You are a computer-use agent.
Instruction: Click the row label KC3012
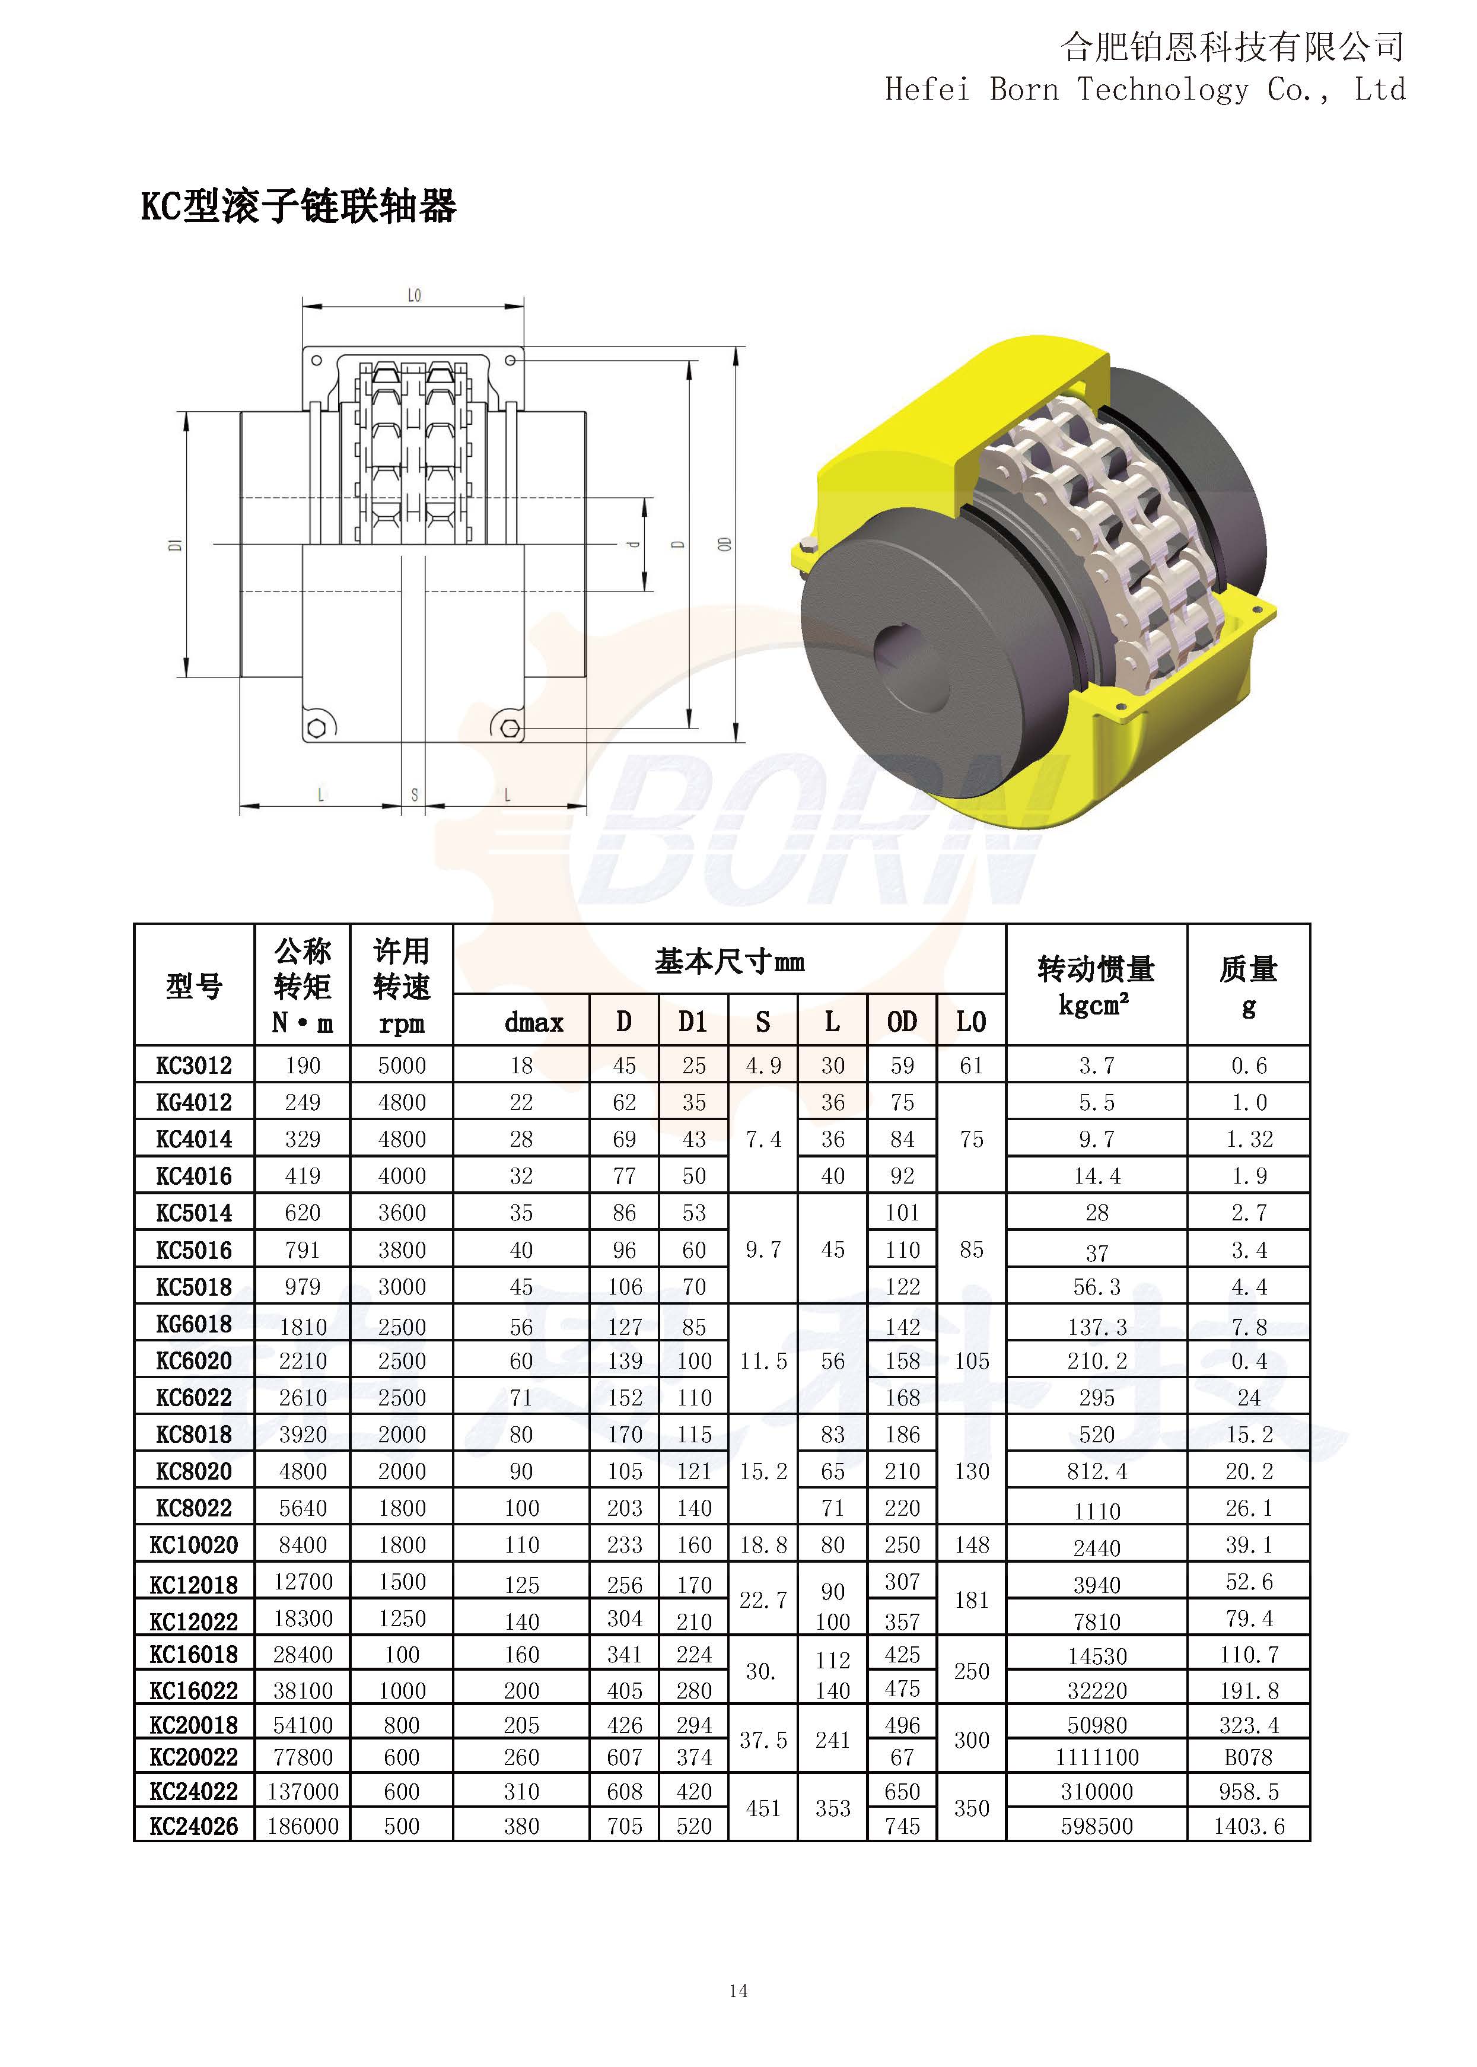[x=194, y=1066]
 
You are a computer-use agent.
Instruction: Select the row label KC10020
[x=194, y=1545]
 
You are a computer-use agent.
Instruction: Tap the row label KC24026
[x=194, y=1826]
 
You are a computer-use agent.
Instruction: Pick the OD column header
[x=902, y=1022]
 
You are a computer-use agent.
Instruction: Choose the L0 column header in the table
[x=972, y=1022]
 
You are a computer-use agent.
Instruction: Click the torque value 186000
[x=303, y=1826]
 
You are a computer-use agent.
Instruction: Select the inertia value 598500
[x=1097, y=1826]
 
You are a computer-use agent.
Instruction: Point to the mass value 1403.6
[x=1249, y=1826]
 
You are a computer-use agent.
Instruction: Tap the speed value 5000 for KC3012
[x=402, y=1066]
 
